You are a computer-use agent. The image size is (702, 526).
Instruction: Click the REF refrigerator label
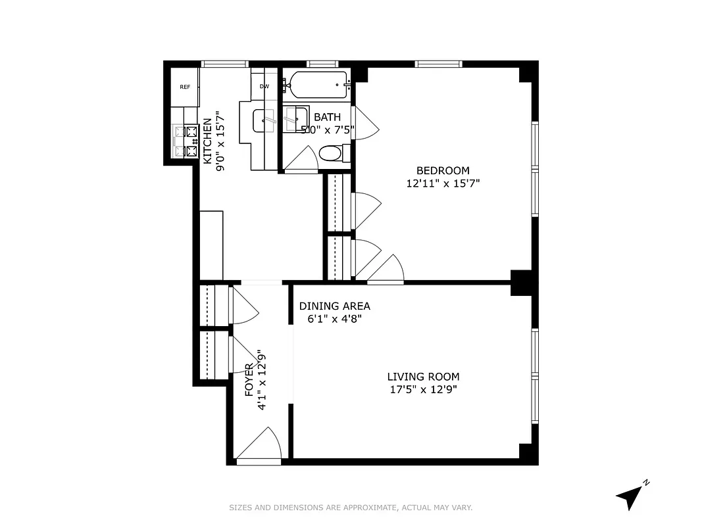coord(185,87)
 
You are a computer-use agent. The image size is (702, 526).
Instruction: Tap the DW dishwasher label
coord(264,86)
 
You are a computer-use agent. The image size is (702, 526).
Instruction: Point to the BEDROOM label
coord(443,171)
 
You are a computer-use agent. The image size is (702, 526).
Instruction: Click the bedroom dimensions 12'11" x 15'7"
coord(443,184)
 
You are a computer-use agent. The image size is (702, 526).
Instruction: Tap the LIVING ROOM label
coord(423,377)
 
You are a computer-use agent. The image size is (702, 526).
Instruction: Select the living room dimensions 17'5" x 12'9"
coord(423,389)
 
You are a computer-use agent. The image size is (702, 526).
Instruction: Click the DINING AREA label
coord(334,306)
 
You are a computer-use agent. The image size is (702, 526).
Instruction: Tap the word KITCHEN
coord(207,141)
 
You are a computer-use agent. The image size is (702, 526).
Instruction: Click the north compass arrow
coord(630,496)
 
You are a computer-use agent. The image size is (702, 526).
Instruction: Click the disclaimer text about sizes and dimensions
coord(351,508)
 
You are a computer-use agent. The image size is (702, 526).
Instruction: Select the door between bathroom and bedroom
coord(365,123)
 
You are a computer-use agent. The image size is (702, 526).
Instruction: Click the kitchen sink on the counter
coord(267,120)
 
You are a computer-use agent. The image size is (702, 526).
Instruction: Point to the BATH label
coord(327,117)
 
